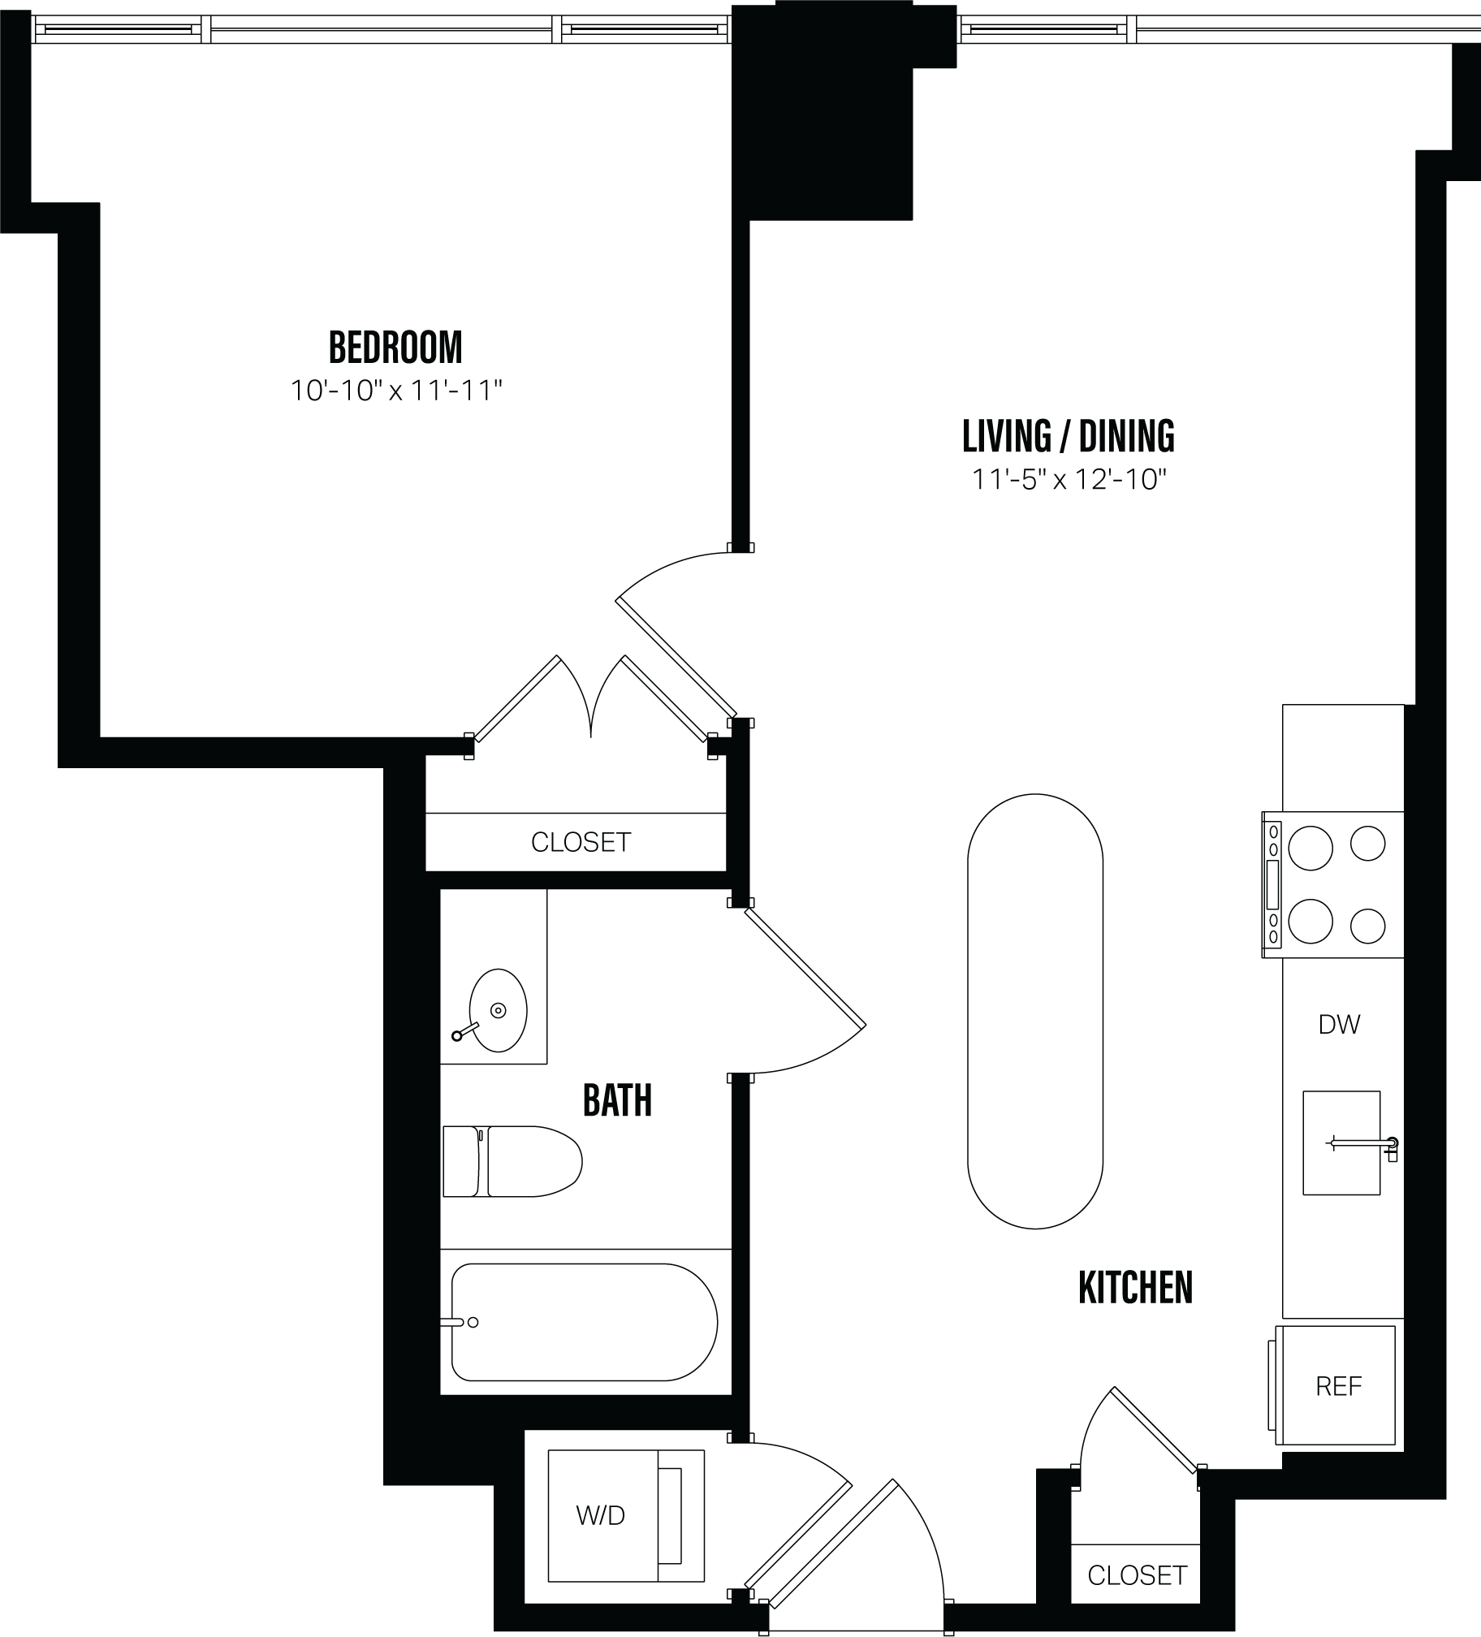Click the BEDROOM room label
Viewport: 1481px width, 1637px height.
coord(395,348)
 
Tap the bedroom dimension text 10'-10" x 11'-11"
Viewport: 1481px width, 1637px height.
coord(396,391)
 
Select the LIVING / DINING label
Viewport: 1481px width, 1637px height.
coord(1068,437)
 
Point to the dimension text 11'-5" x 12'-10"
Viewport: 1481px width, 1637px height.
coord(1069,480)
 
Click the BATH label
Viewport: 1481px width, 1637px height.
coord(617,1101)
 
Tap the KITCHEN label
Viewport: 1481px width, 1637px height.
coord(1135,1288)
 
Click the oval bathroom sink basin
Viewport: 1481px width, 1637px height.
coord(498,1010)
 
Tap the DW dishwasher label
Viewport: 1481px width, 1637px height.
coord(1339,1025)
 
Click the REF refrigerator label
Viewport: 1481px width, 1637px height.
coord(1338,1386)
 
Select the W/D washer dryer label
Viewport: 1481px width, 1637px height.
coord(601,1515)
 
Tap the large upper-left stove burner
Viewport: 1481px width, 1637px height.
coord(1310,848)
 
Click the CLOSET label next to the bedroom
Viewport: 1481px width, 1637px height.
coord(581,842)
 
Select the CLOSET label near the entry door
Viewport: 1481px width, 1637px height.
coord(1137,1576)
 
